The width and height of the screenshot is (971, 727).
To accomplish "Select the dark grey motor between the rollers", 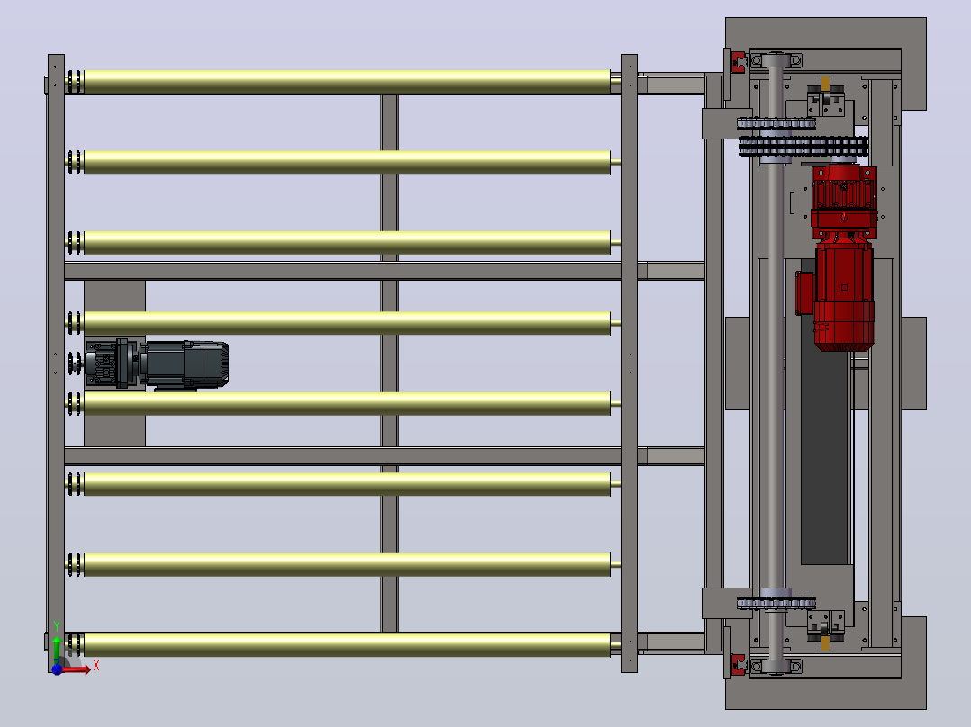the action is tap(156, 364).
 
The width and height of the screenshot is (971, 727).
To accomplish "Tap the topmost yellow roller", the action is tap(347, 82).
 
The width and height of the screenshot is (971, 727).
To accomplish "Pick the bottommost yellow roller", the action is tap(347, 645).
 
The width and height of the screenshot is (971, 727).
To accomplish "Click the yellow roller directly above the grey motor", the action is tap(347, 323).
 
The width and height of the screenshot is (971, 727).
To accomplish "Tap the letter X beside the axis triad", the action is tap(96, 666).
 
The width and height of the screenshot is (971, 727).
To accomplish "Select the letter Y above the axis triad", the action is tap(57, 627).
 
